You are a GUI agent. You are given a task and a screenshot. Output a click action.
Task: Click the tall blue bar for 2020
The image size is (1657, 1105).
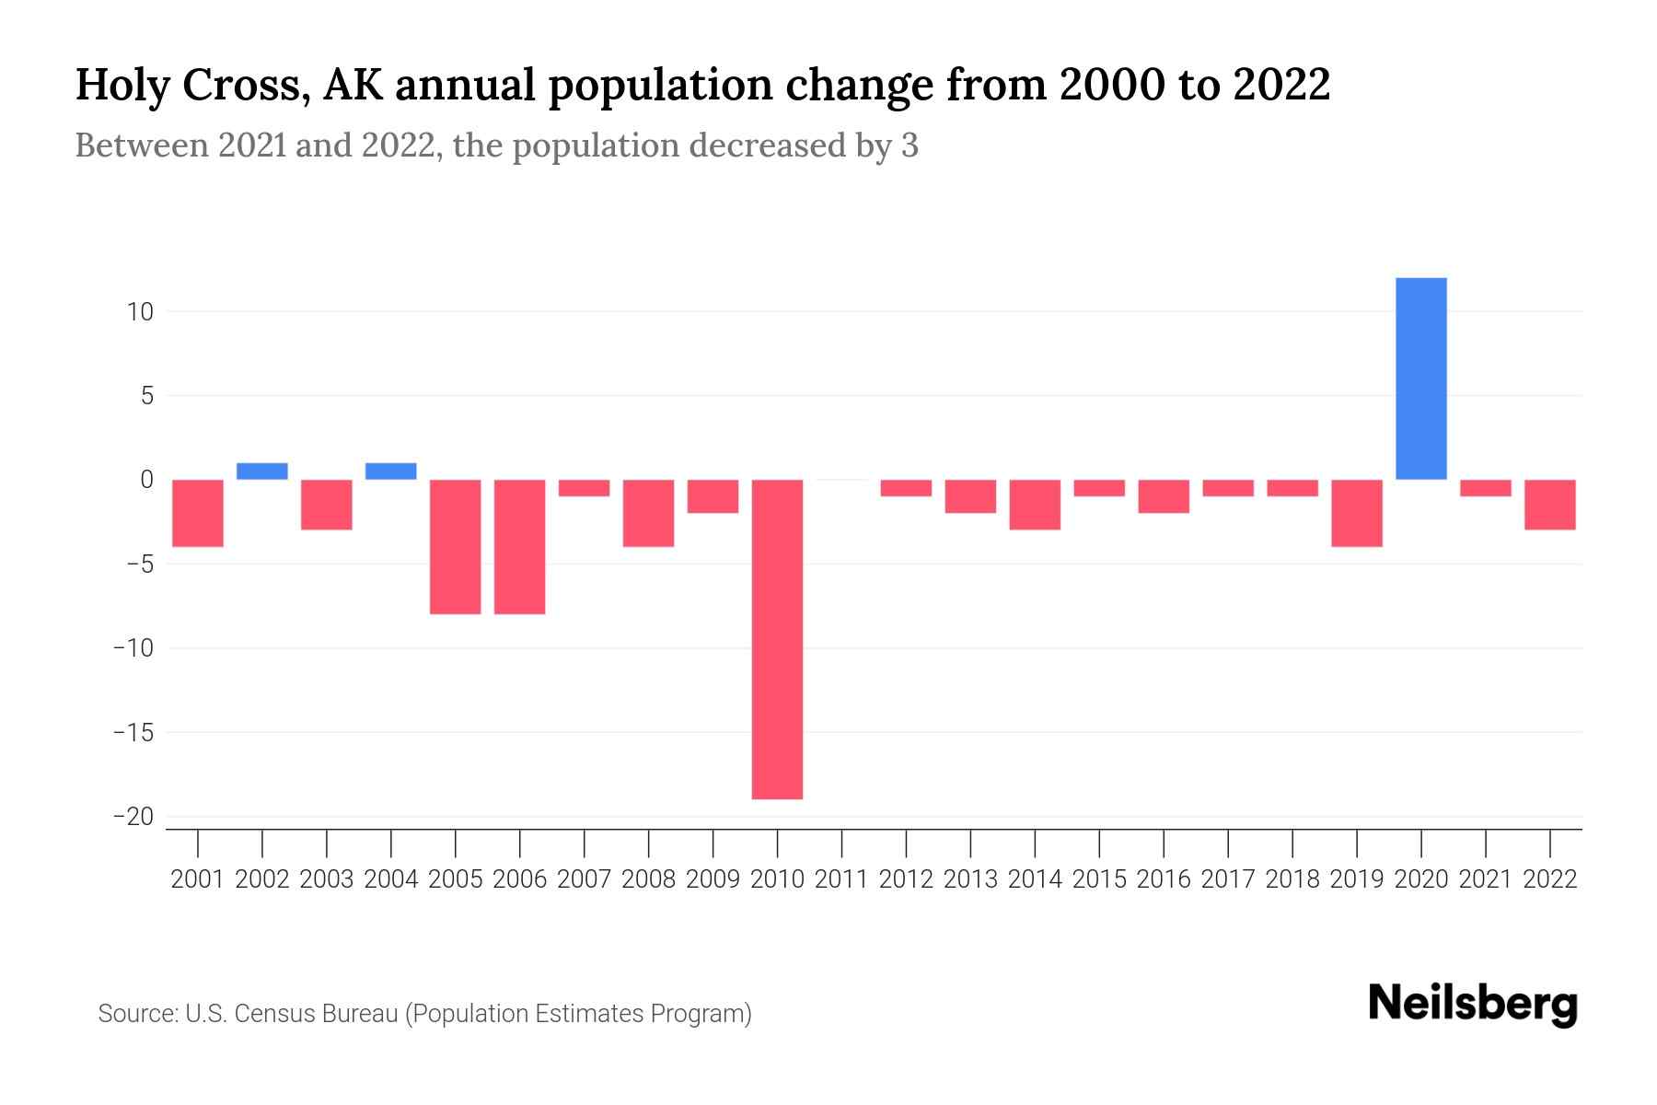(1420, 378)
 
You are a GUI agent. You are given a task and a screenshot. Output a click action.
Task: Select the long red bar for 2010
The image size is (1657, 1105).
(777, 639)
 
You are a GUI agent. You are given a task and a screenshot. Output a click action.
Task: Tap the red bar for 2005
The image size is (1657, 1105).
(456, 547)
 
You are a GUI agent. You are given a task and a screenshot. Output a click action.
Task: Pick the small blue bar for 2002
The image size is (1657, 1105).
(262, 471)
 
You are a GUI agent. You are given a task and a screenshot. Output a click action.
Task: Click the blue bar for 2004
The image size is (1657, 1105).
(391, 471)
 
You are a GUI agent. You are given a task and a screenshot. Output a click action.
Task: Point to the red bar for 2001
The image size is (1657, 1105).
(198, 513)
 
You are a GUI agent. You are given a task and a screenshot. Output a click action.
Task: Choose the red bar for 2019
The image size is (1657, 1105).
(1356, 513)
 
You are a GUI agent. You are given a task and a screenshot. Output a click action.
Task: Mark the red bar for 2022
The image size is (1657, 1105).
(1549, 505)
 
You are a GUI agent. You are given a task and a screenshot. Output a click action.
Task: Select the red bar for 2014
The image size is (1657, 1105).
(1035, 505)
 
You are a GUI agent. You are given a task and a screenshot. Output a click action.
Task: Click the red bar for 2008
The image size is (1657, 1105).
(649, 513)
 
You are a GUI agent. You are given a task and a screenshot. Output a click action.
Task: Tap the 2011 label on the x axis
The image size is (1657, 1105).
(841, 879)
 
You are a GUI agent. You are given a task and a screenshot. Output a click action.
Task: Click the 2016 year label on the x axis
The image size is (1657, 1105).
(1164, 879)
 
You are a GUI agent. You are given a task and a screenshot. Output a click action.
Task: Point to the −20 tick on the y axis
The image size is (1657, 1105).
(133, 817)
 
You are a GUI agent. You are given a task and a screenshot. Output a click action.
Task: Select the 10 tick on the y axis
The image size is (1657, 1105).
(140, 312)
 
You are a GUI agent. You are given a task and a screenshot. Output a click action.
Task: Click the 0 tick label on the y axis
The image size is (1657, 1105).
(147, 480)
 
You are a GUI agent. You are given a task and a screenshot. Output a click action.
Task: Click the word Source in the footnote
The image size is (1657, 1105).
(137, 1014)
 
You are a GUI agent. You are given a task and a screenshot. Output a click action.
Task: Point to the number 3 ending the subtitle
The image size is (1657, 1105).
(910, 146)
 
